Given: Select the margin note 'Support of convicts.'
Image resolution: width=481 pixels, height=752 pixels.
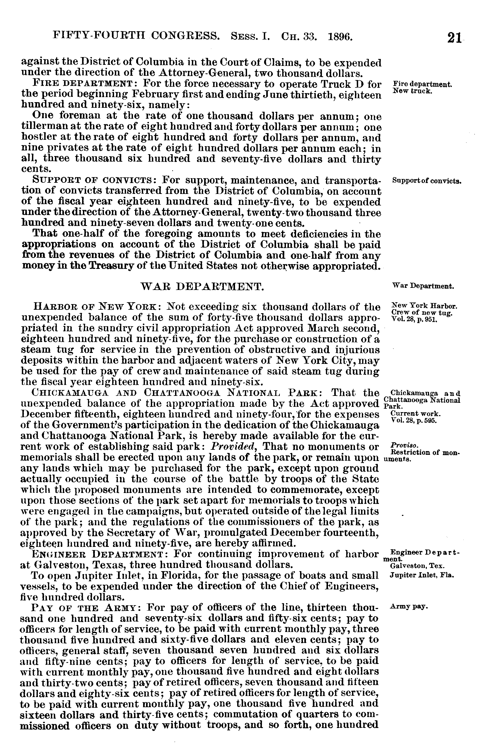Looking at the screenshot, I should pyautogui.click(x=427, y=181).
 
